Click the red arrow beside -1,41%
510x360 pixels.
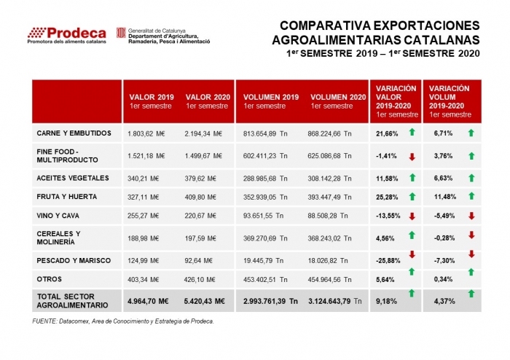click(412, 156)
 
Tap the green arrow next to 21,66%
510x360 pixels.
click(412, 132)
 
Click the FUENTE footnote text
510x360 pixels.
click(124, 321)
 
